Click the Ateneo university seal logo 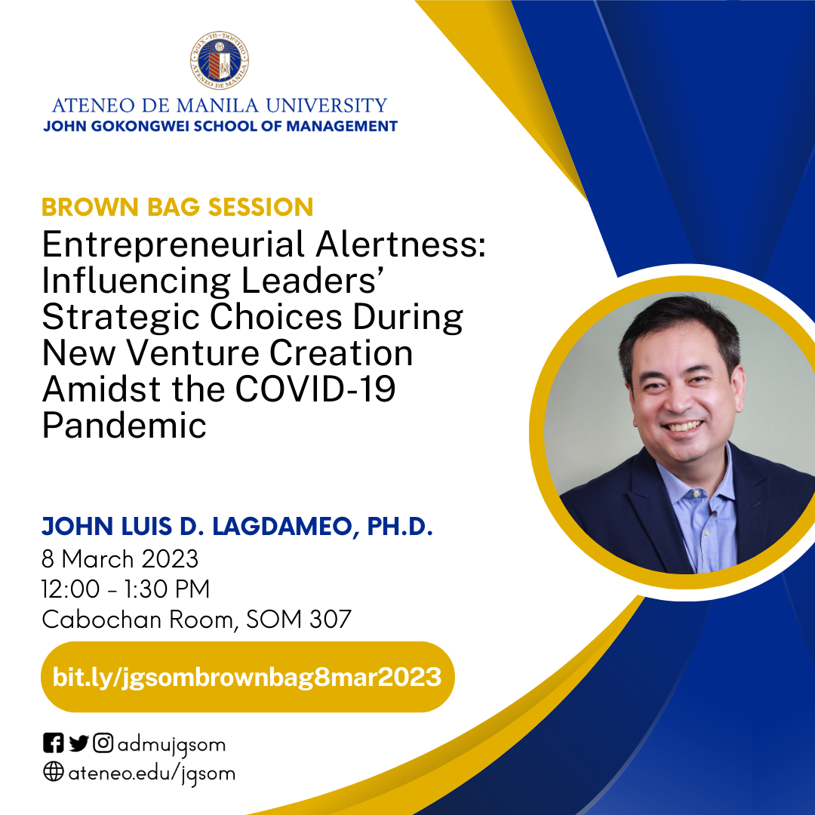[220, 61]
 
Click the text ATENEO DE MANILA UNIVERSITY [220, 105]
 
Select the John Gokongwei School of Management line [220, 126]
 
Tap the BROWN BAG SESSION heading [177, 207]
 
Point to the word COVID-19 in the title [315, 390]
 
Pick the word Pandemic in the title [125, 426]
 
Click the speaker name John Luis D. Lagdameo [237, 527]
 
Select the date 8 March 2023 [120, 559]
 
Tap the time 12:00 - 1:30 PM [126, 589]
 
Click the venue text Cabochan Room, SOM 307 [196, 620]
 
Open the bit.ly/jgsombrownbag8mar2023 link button [247, 677]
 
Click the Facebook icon [54, 744]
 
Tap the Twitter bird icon [78, 744]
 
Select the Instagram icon [103, 744]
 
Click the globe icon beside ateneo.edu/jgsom [54, 773]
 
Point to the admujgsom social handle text [171, 745]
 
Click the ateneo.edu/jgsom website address [152, 773]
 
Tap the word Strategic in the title [121, 318]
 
